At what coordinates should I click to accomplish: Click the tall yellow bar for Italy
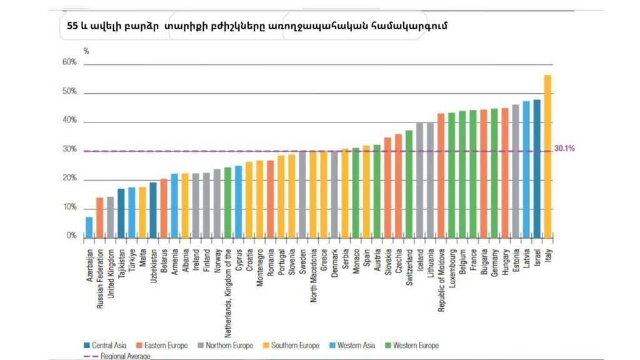point(547,156)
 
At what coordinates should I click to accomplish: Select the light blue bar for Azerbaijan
point(89,227)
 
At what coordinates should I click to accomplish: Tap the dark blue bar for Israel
point(537,168)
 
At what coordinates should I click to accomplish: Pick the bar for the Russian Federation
point(100,217)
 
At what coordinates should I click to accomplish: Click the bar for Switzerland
point(409,184)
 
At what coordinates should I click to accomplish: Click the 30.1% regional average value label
point(564,149)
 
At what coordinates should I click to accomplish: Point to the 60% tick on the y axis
point(69,63)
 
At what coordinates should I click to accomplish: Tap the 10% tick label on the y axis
point(69,207)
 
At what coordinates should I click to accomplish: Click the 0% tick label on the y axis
point(72,236)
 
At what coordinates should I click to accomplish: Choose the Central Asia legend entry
point(106,346)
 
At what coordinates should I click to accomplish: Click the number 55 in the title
point(72,27)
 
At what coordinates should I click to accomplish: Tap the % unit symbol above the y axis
point(86,51)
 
